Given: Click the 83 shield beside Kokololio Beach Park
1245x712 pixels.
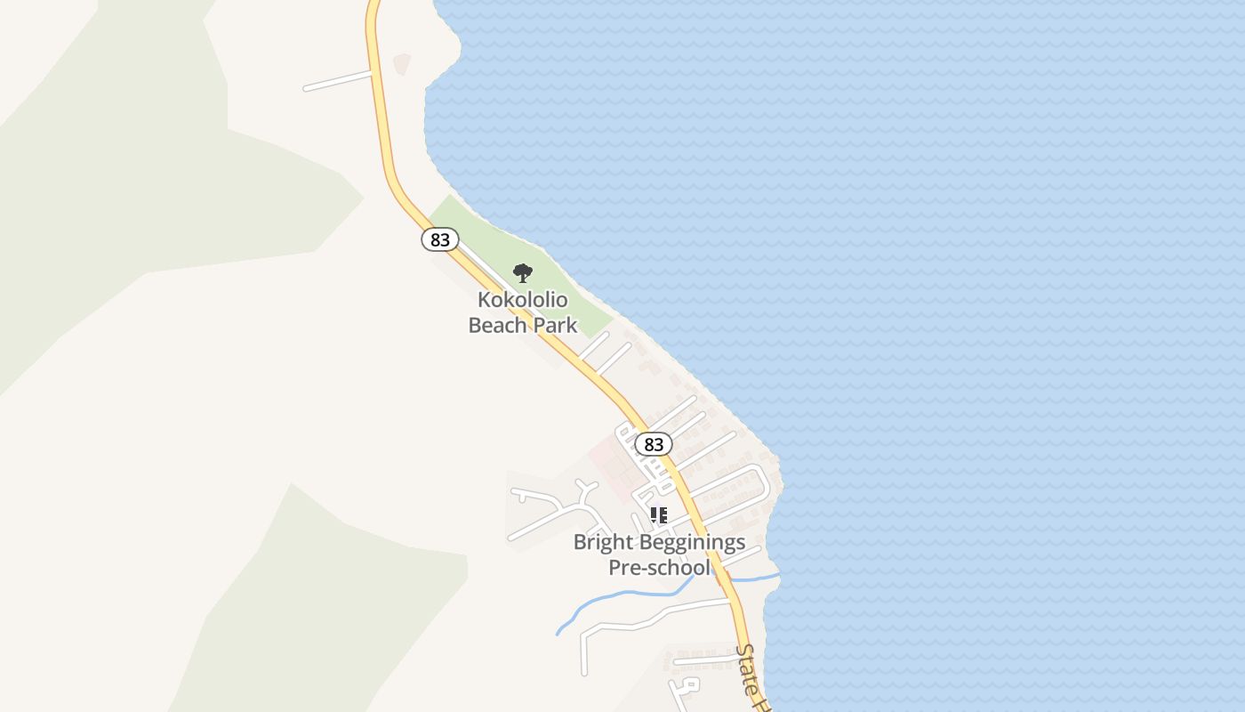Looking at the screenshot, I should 439,239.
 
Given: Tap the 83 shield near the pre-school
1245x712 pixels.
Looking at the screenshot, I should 654,444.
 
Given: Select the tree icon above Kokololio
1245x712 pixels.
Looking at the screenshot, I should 523,272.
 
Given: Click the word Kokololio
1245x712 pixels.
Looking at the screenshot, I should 523,299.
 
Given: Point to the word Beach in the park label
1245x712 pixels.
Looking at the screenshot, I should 498,325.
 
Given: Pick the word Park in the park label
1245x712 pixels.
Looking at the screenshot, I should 555,325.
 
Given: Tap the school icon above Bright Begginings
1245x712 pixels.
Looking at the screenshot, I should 658,515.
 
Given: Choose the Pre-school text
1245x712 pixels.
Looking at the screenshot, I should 659,568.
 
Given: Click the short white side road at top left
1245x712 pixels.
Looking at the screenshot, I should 338,80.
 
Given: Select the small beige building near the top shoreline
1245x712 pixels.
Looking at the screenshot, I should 402,63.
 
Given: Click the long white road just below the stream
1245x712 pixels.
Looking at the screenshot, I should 658,614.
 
